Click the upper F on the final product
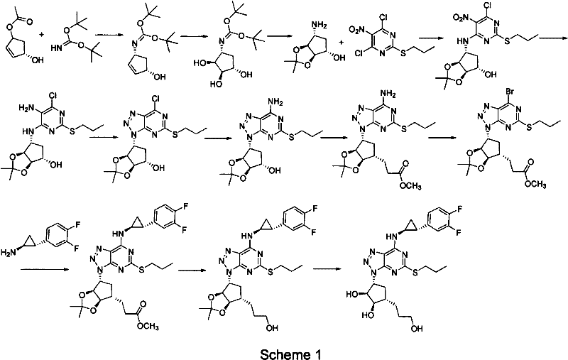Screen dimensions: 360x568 coord(516,209)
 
